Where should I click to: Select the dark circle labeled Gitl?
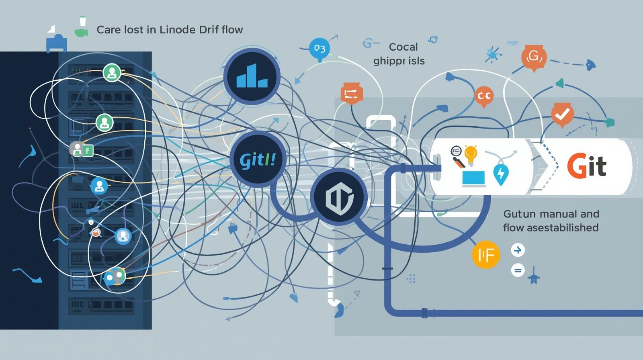point(258,160)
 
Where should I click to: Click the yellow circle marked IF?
point(486,255)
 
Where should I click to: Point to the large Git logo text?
point(586,167)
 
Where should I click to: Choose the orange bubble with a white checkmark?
point(562,115)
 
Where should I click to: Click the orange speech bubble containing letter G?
point(534,58)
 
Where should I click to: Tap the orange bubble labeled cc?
point(484,96)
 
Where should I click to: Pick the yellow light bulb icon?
point(471,154)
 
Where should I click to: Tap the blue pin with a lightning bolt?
point(501,174)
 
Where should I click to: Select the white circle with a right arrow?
point(518,251)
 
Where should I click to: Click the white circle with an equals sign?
point(518,270)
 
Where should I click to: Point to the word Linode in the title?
point(177,30)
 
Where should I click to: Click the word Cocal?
point(403,47)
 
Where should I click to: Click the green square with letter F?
point(87,151)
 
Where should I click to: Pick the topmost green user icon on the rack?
point(112,73)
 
